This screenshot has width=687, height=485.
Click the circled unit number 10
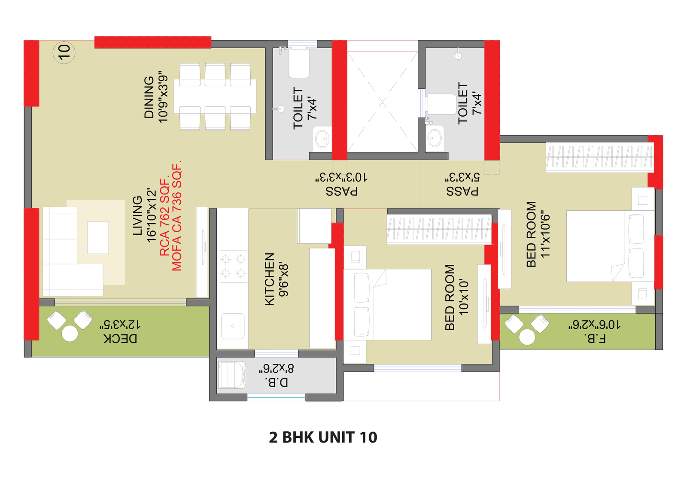coord(64,52)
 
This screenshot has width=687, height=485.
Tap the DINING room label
coord(149,97)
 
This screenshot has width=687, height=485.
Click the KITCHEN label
coord(269,279)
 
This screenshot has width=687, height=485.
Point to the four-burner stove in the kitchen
coord(233,266)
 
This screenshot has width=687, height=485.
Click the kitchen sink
coord(233,326)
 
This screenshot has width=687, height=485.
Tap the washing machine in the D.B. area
coord(232,375)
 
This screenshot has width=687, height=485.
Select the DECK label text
coord(121,338)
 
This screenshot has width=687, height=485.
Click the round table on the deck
coord(70,333)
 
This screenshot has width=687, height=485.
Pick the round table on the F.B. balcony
coord(527,337)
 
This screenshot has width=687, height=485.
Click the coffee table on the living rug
coord(98,237)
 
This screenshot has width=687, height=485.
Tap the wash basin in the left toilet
coord(322,139)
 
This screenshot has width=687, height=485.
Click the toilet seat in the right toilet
coord(441,104)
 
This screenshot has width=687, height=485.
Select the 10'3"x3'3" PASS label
coord(341,191)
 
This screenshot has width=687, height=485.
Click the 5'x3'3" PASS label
coord(462,191)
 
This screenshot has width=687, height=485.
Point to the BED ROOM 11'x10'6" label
coord(531,234)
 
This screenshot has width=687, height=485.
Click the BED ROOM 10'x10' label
coord(450,297)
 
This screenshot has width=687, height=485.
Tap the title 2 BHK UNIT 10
coord(323,437)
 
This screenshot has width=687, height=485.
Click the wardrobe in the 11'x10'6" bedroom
coord(599,157)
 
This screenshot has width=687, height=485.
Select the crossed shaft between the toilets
coord(382,102)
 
